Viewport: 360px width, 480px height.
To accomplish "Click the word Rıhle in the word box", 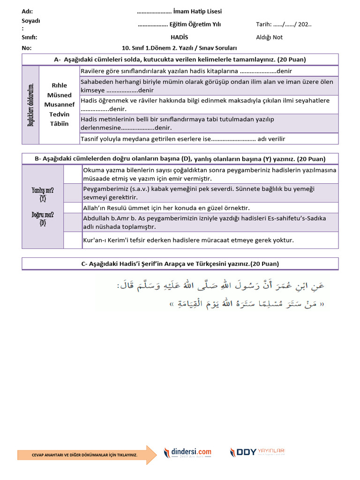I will pos(59,85).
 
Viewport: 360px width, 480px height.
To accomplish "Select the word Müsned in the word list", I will pos(59,95).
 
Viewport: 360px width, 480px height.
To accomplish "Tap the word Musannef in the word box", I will pos(59,105).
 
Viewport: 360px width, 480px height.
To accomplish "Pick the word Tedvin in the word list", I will pos(59,114).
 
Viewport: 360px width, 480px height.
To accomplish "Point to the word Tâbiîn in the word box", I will pos(59,124).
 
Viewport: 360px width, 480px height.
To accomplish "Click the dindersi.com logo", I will pos(187,452).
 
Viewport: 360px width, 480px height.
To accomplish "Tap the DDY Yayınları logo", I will pos(257,452).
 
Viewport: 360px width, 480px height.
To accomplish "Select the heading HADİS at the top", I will pos(179,37).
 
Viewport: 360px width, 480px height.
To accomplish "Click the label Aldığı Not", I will pos(269,37).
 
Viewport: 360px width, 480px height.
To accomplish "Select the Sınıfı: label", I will pos(29,37).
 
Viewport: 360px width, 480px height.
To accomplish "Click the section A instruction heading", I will pos(180,60).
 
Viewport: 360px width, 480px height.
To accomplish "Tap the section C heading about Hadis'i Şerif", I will pos(180,264).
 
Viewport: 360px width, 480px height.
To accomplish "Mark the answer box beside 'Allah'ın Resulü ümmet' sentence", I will pos(73,208).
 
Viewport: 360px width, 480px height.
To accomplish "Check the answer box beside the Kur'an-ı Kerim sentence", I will pos(73,240).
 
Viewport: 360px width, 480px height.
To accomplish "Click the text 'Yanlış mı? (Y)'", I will pos(43,194).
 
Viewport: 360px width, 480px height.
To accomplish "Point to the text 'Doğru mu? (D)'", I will pos(43,219).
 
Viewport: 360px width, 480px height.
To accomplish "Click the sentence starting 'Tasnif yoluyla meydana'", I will pos(183,139).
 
